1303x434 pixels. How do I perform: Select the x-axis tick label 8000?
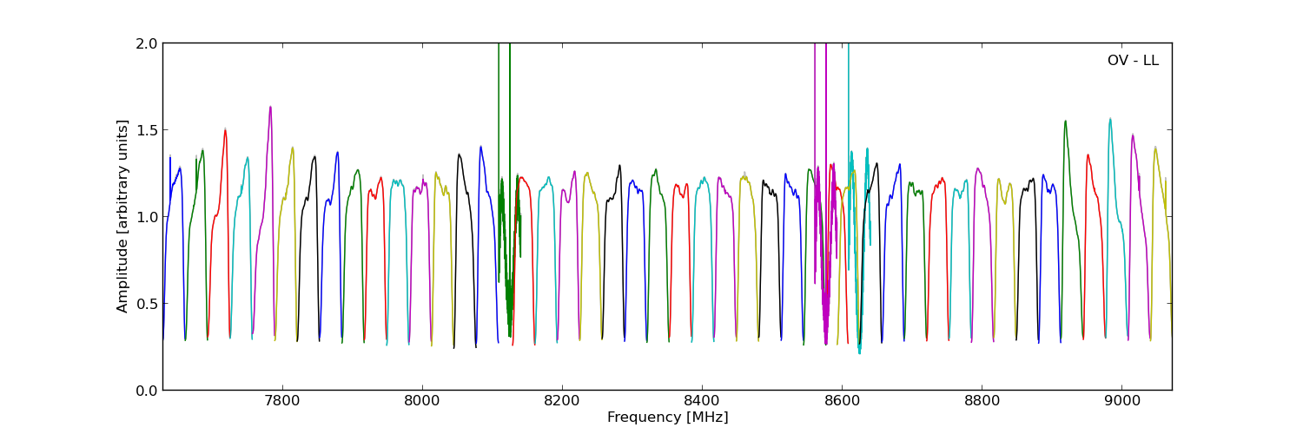click(422, 402)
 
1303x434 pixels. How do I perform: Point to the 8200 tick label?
click(562, 402)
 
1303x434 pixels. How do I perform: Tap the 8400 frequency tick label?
click(702, 402)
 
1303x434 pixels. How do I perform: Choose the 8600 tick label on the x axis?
click(842, 402)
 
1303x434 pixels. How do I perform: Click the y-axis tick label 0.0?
click(147, 391)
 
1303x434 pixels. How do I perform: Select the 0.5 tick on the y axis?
click(147, 304)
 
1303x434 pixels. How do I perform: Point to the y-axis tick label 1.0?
click(147, 217)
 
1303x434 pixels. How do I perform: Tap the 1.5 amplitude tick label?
click(147, 130)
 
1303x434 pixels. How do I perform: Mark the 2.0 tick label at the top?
click(147, 43)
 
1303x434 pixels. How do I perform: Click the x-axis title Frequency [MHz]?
click(667, 418)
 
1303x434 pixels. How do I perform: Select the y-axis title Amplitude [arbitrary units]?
click(123, 216)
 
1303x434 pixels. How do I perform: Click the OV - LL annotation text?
click(1133, 61)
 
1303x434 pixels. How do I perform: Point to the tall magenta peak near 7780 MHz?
click(270, 107)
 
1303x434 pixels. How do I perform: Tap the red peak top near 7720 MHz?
click(225, 129)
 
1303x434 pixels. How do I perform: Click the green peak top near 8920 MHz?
click(1065, 121)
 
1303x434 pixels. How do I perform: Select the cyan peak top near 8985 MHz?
click(1109, 119)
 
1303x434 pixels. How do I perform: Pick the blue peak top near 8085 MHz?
click(480, 147)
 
